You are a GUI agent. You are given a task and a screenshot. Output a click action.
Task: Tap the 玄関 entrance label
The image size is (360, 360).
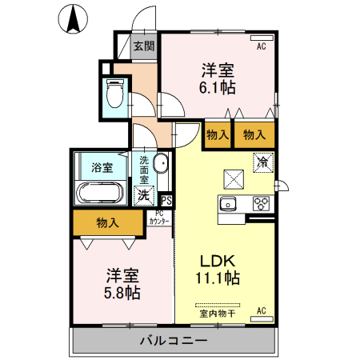[144, 46]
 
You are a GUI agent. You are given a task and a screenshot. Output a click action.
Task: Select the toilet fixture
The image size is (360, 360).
[114, 94]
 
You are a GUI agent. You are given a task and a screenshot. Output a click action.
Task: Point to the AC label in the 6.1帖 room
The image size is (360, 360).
[261, 46]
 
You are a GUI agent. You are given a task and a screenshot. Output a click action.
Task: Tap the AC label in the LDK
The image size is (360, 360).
[261, 310]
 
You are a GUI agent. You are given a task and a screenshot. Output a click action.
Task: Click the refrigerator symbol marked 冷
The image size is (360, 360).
[262, 162]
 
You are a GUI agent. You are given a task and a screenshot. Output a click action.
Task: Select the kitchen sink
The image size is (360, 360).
[230, 203]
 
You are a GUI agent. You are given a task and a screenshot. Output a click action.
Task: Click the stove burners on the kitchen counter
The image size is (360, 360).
[261, 203]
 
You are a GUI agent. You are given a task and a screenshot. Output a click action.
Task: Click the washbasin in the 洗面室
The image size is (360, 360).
[160, 165]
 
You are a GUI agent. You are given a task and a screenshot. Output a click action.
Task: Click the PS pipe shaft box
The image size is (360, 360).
[166, 201]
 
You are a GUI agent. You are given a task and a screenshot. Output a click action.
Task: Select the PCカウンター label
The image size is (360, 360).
[158, 218]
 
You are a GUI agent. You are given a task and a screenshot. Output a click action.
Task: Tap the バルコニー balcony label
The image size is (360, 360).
[174, 341]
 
